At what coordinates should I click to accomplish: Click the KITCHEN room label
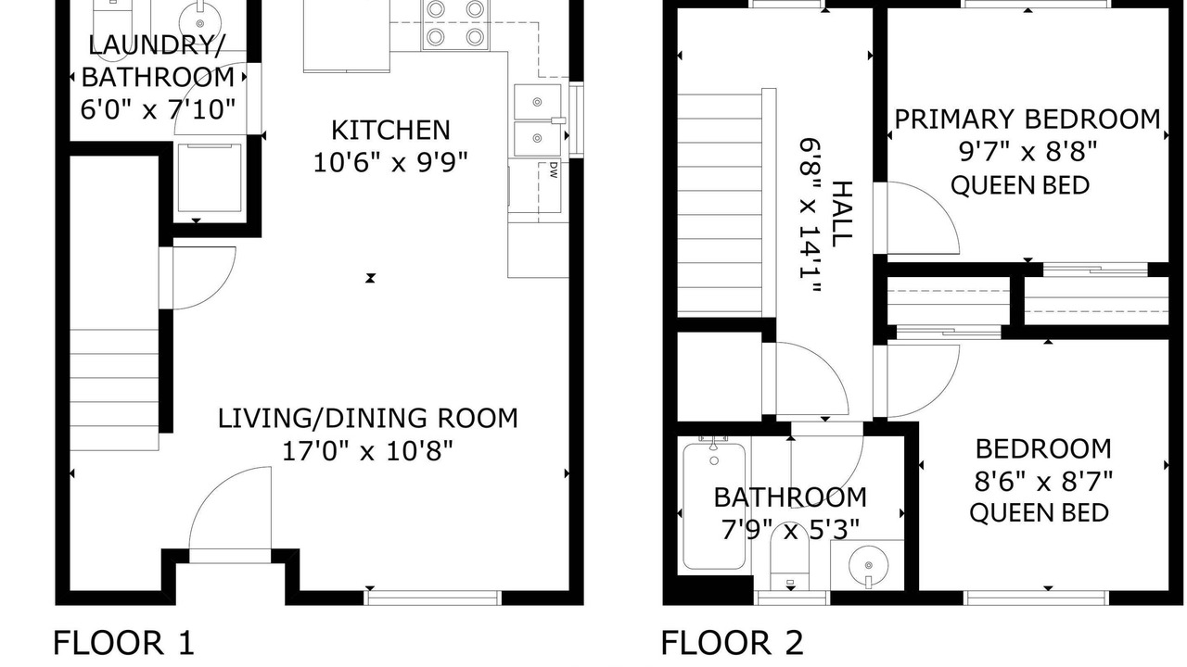coord(390,131)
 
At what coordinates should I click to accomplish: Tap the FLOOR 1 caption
coord(124,643)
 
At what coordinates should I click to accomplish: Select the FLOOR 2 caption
coord(733,643)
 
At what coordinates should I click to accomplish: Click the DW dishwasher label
coord(554,170)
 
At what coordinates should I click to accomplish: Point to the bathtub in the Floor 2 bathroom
coord(714,506)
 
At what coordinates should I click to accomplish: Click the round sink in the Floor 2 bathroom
coord(868,565)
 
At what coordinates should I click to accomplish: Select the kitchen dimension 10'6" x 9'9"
coord(391,162)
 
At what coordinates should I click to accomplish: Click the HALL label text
coord(841,214)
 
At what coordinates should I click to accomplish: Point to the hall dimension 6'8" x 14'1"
coord(810,216)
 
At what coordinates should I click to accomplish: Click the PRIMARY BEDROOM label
coord(1027,120)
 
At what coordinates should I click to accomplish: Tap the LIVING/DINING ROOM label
coord(368,418)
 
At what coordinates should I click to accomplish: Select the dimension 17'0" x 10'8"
coord(368,451)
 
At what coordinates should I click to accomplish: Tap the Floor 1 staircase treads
coord(114,390)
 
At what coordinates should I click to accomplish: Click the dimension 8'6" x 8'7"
coord(1043,483)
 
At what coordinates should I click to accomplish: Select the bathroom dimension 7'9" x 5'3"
coord(790,529)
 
